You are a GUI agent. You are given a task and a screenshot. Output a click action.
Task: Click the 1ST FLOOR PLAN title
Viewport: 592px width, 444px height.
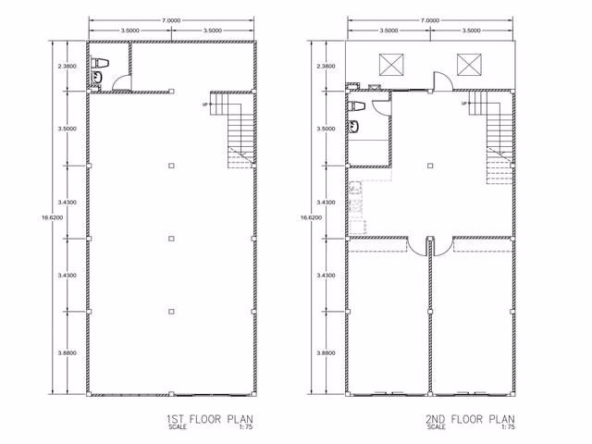pos(210,419)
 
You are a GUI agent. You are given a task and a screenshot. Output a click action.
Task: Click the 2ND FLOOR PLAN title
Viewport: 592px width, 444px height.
pos(470,419)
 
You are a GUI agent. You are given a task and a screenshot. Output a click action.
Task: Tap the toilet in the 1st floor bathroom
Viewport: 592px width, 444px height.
pos(101,63)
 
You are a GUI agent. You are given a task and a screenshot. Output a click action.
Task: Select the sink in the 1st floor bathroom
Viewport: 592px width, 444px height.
pos(96,77)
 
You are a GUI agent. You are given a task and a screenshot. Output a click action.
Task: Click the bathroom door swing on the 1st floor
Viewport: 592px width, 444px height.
pos(121,82)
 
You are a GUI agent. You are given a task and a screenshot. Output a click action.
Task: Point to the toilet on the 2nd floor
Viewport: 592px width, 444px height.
pos(356,106)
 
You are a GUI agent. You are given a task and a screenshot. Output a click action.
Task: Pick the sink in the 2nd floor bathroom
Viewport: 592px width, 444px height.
pos(353,126)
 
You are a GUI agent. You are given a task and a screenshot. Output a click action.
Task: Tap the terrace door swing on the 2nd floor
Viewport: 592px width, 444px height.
pos(442,80)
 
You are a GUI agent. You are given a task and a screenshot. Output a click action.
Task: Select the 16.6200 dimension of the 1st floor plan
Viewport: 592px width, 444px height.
pos(53,217)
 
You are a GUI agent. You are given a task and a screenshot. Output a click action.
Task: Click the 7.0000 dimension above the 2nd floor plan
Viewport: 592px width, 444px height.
pos(430,20)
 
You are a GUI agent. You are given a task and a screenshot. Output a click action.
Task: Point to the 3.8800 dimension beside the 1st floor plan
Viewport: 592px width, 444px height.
pos(67,353)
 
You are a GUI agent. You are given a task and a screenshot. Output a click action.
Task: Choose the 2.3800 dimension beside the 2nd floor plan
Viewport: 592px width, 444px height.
pos(326,66)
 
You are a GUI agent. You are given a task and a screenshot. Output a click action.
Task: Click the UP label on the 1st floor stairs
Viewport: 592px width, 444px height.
pos(205,105)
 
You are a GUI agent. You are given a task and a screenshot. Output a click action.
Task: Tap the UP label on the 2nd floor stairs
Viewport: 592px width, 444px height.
pos(464,103)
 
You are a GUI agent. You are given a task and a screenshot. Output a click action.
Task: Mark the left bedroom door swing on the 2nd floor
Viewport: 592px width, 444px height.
pos(417,247)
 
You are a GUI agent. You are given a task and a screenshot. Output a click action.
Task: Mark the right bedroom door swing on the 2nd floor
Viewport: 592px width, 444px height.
pos(442,247)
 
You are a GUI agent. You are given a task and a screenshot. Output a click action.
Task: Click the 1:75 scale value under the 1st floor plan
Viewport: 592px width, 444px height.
pos(246,427)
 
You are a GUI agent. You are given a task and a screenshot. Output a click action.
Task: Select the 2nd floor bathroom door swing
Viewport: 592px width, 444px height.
pos(381,107)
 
